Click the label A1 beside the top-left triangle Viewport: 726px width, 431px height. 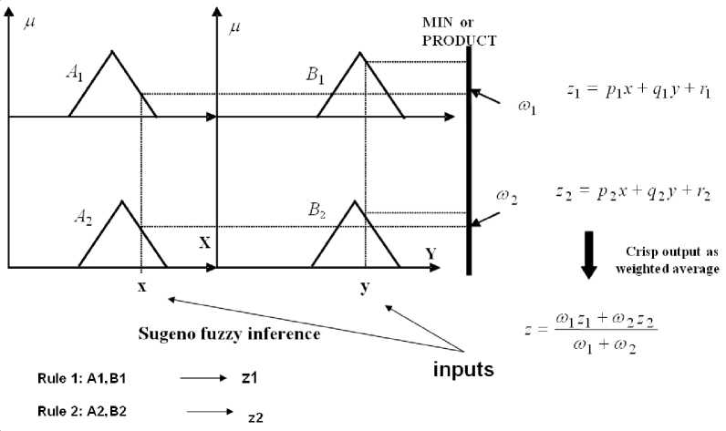(x=75, y=74)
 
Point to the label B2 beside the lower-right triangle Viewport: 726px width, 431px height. (x=316, y=210)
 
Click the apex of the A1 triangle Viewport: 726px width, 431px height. (x=113, y=51)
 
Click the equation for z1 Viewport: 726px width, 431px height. (x=626, y=91)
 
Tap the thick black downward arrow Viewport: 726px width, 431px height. (x=588, y=253)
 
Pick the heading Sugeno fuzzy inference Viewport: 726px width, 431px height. (x=228, y=334)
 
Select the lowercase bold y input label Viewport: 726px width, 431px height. (x=365, y=288)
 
